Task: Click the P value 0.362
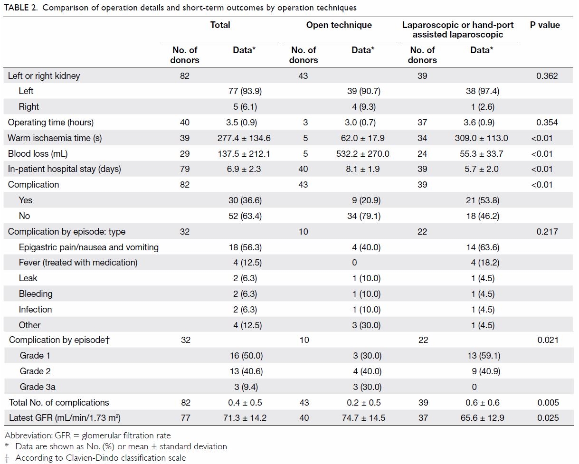(x=547, y=76)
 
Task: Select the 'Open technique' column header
(x=339, y=25)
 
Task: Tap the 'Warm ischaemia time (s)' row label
(x=55, y=138)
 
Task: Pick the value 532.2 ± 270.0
(x=362, y=153)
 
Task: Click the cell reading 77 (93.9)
(x=245, y=91)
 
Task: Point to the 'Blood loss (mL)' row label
(x=38, y=153)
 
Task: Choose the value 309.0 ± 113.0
(x=481, y=138)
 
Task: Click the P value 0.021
(x=548, y=340)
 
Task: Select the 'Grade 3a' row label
(x=38, y=387)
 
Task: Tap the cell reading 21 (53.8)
(x=483, y=200)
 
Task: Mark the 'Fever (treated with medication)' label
(x=78, y=263)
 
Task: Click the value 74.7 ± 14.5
(x=363, y=418)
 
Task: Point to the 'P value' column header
(x=545, y=25)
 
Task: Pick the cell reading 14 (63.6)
(x=483, y=247)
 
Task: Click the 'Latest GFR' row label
(x=65, y=418)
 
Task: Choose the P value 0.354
(x=547, y=123)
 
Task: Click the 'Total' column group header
(x=220, y=25)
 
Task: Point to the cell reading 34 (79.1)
(x=364, y=216)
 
